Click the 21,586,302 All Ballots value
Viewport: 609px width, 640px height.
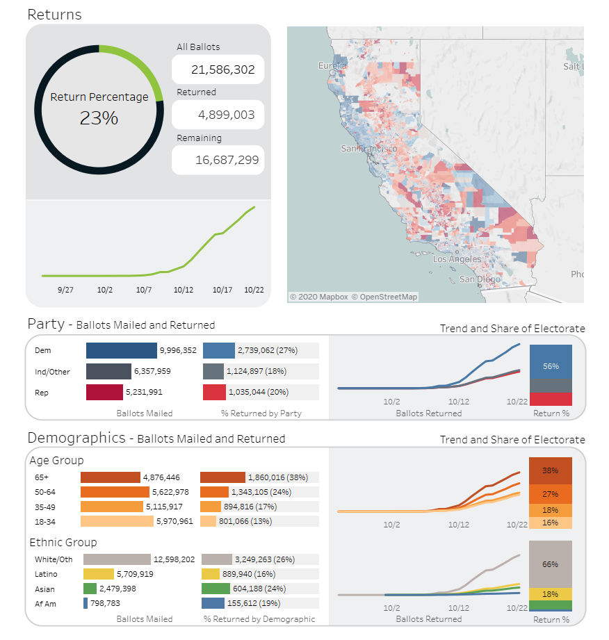[x=222, y=69]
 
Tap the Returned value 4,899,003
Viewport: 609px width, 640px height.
[x=226, y=115]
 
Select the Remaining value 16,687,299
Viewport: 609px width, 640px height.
[x=227, y=160]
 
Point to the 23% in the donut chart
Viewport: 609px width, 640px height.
[x=99, y=118]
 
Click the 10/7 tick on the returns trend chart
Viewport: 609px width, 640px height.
[x=144, y=290]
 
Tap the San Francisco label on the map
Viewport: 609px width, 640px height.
[x=369, y=149]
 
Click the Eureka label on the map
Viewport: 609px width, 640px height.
[x=332, y=65]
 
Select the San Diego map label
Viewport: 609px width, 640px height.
[x=480, y=279]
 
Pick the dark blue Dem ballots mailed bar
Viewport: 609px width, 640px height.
[x=121, y=350]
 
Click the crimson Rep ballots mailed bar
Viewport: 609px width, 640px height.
[x=104, y=392]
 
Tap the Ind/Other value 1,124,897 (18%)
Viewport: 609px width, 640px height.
[x=257, y=371]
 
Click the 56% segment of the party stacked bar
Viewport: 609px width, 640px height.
[x=551, y=361]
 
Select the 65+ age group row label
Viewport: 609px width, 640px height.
[x=42, y=477]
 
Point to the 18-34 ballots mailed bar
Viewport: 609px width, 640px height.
[x=117, y=521]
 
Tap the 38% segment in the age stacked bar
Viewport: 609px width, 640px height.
[x=550, y=470]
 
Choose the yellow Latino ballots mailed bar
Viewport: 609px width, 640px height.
[x=99, y=574]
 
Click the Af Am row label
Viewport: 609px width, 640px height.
[x=45, y=604]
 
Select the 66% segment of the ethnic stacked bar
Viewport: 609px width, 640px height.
[x=550, y=564]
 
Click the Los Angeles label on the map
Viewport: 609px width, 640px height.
[x=457, y=259]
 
